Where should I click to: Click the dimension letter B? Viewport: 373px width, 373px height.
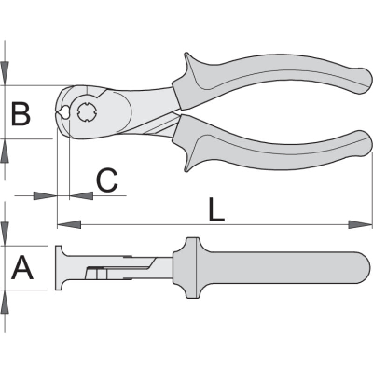[x=21, y=114]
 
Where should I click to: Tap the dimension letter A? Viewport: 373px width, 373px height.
[x=22, y=269]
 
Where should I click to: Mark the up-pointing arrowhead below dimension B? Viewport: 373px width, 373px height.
[x=5, y=151]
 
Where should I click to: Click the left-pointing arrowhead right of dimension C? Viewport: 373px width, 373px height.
[x=81, y=196]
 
